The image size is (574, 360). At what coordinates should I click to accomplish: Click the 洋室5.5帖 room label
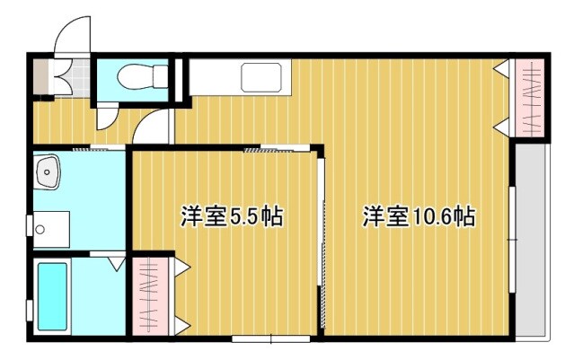(232, 216)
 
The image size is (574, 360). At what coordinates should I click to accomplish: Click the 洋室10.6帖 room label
(419, 216)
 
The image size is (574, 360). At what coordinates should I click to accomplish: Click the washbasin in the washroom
(47, 171)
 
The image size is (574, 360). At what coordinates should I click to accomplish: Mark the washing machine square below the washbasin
(52, 228)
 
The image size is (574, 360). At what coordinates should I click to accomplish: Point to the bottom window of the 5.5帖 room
(270, 338)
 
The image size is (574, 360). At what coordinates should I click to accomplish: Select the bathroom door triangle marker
(116, 264)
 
